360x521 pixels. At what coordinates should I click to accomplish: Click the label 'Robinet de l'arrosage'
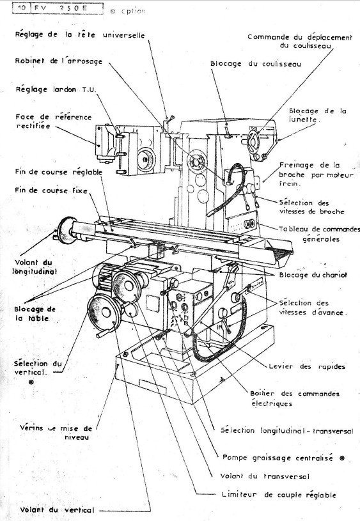(58, 61)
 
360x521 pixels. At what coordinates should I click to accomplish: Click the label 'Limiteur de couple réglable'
(278, 495)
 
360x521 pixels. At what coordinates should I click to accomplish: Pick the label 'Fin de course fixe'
(51, 191)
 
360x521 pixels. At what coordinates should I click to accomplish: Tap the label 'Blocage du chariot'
(313, 275)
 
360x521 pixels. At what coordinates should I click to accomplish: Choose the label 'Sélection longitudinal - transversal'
(286, 432)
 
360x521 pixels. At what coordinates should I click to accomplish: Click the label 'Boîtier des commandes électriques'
(295, 398)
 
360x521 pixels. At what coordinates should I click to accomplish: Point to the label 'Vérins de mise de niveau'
(56, 433)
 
